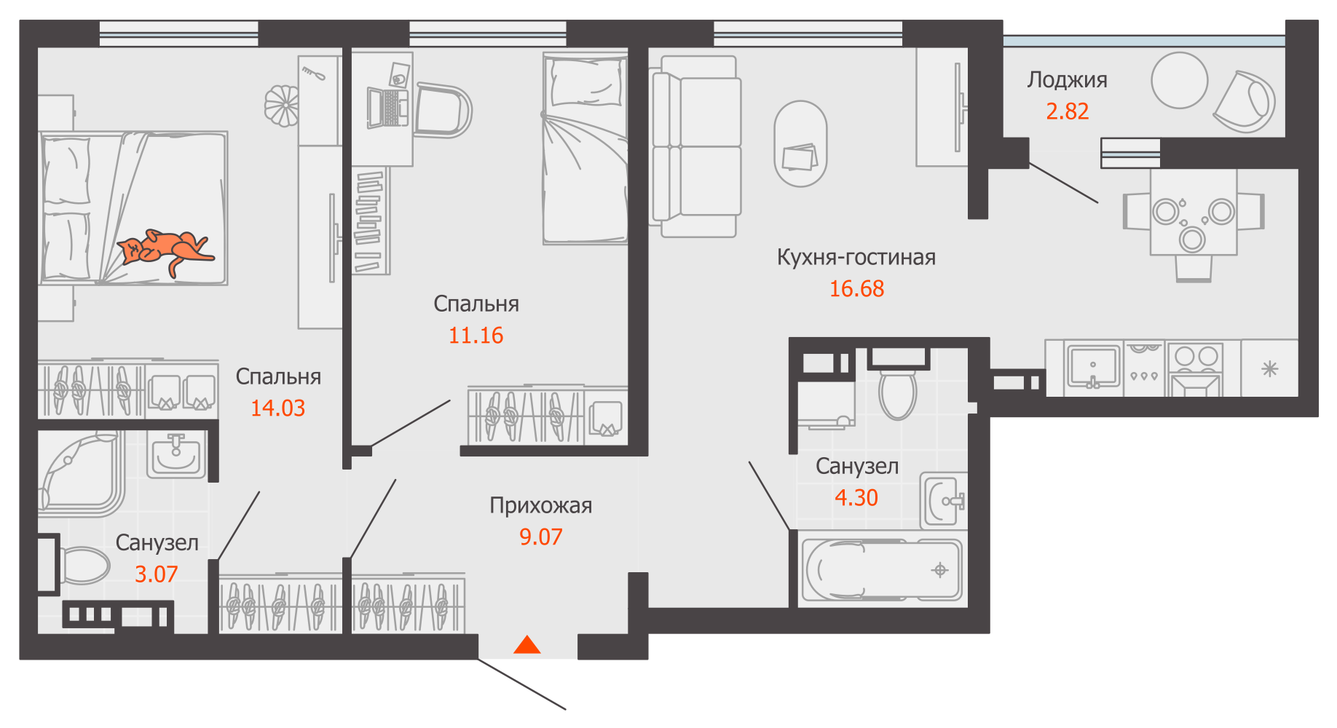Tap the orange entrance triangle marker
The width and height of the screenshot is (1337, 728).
(527, 645)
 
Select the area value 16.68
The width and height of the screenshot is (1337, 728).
(856, 289)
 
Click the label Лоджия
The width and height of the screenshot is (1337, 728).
(1067, 80)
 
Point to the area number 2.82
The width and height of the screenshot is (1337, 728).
(1067, 111)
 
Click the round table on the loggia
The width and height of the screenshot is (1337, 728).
(1179, 80)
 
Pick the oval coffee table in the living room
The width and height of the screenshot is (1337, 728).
(800, 143)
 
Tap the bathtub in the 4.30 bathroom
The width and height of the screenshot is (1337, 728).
(882, 570)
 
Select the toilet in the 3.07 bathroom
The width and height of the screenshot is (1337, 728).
(82, 566)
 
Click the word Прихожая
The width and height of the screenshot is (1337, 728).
(540, 505)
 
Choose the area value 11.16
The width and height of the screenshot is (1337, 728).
(476, 336)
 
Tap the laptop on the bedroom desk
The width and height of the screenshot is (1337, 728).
(387, 108)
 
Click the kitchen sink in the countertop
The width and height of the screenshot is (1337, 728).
(1093, 366)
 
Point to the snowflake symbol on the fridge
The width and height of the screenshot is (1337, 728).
(1269, 369)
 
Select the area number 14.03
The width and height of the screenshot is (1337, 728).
(277, 408)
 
